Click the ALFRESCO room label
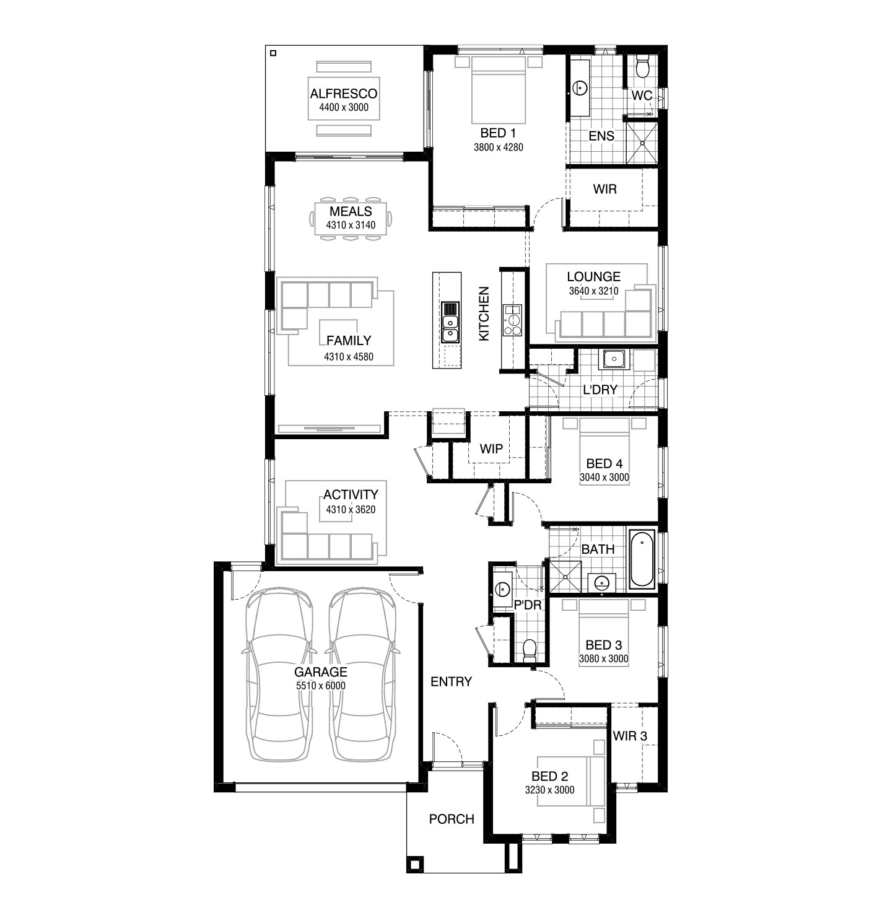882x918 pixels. pyautogui.click(x=343, y=94)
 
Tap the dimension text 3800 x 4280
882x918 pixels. pyautogui.click(x=498, y=147)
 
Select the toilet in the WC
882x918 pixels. pyautogui.click(x=642, y=66)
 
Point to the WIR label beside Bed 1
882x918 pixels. pyautogui.click(x=605, y=189)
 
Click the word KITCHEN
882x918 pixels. pyautogui.click(x=484, y=313)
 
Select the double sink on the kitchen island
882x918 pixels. pyautogui.click(x=450, y=328)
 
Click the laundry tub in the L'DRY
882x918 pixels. pyautogui.click(x=614, y=359)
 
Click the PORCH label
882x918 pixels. pyautogui.click(x=452, y=819)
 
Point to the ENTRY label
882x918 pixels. pyautogui.click(x=451, y=681)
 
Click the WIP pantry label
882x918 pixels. pyautogui.click(x=491, y=448)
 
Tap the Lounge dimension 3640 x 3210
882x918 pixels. pyautogui.click(x=593, y=291)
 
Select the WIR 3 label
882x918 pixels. pyautogui.click(x=630, y=735)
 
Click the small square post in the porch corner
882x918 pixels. pyautogui.click(x=414, y=864)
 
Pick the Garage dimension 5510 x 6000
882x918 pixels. pyautogui.click(x=321, y=686)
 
